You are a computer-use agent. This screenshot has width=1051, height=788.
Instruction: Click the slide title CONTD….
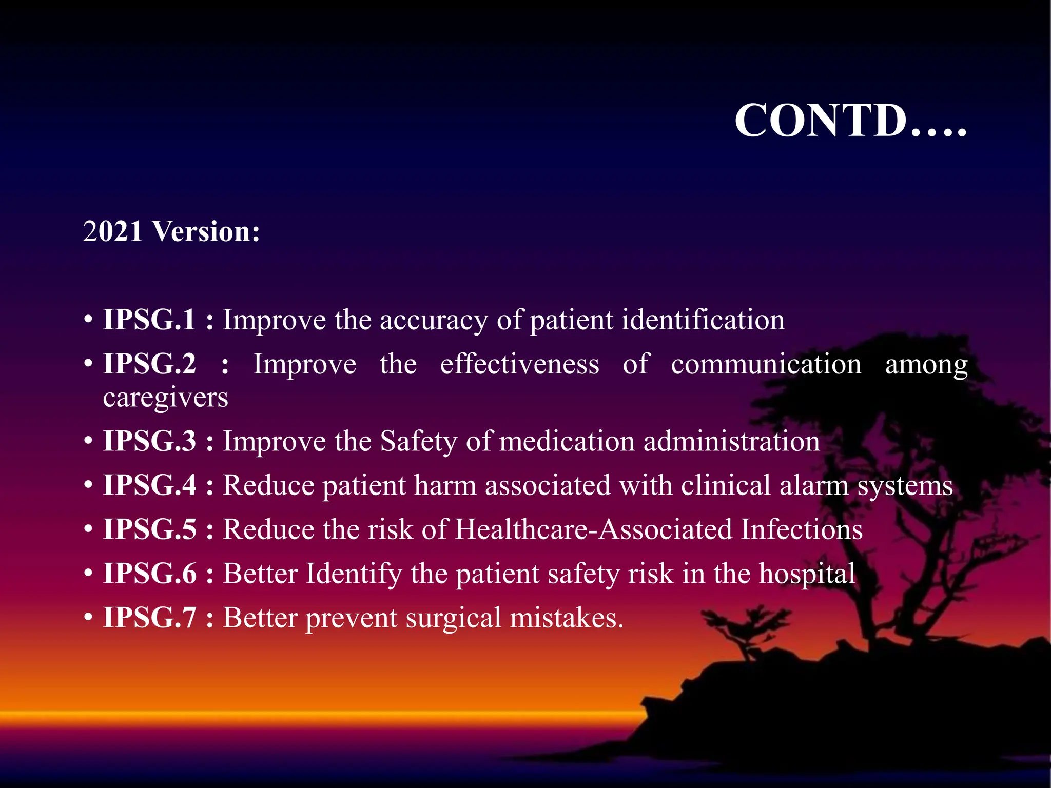click(850, 121)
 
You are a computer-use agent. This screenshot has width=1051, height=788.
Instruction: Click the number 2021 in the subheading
click(112, 231)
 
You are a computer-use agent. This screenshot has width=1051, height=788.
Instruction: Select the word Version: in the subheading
click(206, 231)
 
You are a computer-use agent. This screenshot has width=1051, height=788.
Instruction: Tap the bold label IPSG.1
click(149, 320)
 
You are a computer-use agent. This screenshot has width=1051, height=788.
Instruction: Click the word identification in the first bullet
click(703, 320)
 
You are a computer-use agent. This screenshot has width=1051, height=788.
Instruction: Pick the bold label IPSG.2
click(149, 364)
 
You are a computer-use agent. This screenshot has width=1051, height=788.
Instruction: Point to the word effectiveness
click(519, 364)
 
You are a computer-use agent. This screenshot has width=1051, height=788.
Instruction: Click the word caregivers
click(165, 398)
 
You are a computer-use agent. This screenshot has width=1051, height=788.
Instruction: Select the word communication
click(766, 364)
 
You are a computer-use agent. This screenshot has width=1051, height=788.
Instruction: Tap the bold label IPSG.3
click(149, 441)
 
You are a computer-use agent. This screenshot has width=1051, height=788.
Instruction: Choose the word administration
click(731, 441)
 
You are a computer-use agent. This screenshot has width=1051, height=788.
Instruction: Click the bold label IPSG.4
click(149, 485)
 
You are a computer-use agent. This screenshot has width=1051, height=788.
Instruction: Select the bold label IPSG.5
click(149, 529)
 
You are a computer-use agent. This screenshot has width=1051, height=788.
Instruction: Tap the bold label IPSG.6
click(149, 574)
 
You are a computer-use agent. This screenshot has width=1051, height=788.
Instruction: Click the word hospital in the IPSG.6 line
click(807, 574)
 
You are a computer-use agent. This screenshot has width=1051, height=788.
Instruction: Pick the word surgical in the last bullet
click(453, 618)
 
